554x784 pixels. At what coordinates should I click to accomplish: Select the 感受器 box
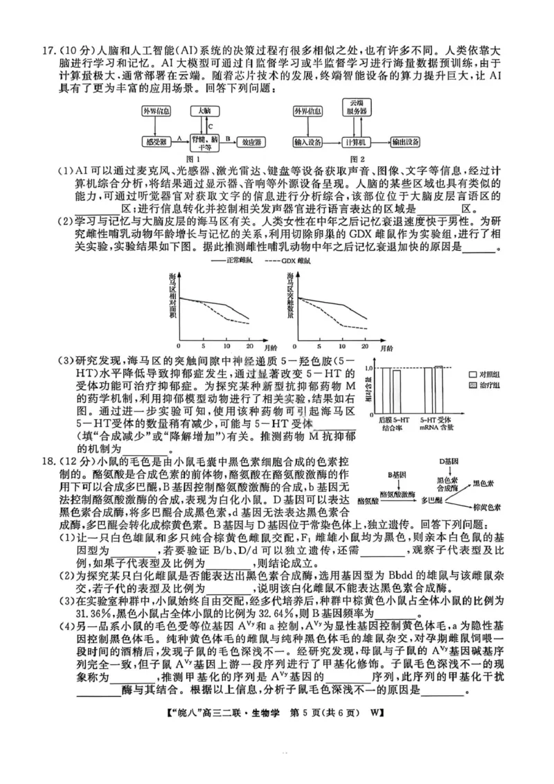pyautogui.click(x=155, y=142)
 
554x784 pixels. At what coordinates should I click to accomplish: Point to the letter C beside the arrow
pyautogui.click(x=209, y=126)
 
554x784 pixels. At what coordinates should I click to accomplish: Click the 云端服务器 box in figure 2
pyautogui.click(x=355, y=107)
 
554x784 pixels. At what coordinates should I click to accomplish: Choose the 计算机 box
pyautogui.click(x=355, y=142)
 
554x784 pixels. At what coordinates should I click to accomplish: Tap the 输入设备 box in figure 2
pyautogui.click(x=307, y=142)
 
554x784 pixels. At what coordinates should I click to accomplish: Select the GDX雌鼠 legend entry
pyautogui.click(x=291, y=262)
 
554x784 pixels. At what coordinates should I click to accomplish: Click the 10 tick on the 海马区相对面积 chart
pyautogui.click(x=226, y=345)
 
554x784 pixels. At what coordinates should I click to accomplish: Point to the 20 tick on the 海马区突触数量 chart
pyautogui.click(x=364, y=345)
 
